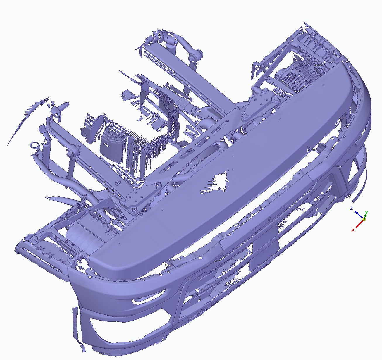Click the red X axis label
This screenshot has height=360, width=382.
[x=353, y=230]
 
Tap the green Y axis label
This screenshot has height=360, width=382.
[x=366, y=212]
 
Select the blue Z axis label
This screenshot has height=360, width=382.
[x=351, y=208]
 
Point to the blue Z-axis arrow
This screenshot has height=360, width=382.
[x=359, y=215]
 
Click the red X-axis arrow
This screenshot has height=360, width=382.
[x=359, y=224]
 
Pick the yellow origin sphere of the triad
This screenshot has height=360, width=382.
[x=364, y=219]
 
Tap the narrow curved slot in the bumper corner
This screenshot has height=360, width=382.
[x=148, y=298]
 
